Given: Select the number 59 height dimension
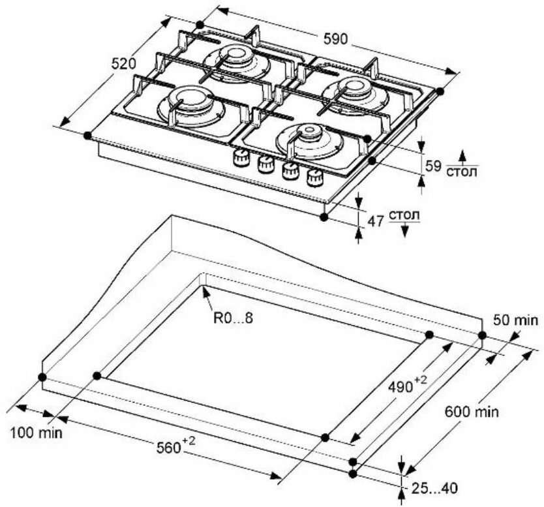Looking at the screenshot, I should click(434, 166).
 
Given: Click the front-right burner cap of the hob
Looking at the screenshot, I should click(310, 135).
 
